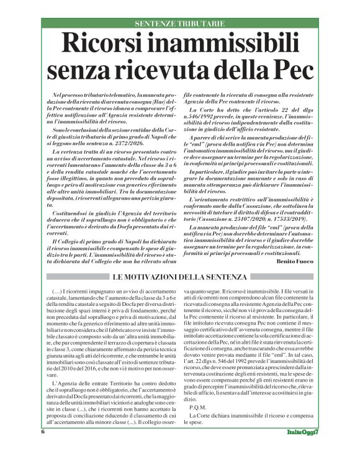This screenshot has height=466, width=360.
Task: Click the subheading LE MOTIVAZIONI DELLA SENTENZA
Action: (179, 277)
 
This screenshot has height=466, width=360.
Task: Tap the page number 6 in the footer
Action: (43, 448)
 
